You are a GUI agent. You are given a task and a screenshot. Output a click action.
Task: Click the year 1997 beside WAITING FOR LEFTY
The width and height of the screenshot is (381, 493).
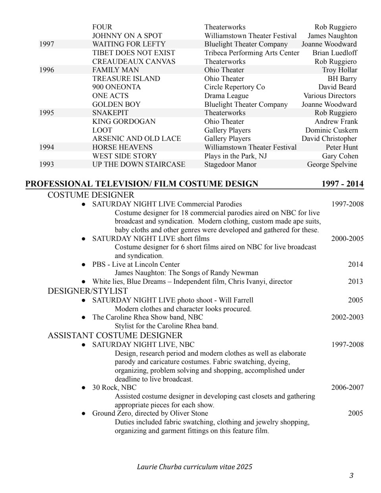(x=47, y=44)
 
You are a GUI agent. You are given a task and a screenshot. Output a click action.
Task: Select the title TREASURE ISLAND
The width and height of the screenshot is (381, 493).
(x=126, y=79)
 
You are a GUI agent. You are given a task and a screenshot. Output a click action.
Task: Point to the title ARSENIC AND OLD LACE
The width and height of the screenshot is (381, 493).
(x=137, y=139)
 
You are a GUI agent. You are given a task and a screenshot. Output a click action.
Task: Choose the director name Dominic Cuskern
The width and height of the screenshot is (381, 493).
(x=331, y=130)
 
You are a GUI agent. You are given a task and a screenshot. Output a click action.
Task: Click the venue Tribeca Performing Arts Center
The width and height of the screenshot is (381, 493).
(x=252, y=53)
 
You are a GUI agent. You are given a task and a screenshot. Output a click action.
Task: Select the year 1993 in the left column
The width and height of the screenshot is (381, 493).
(x=47, y=164)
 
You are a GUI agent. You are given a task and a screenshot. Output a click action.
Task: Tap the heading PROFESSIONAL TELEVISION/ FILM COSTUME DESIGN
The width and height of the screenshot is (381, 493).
(x=142, y=183)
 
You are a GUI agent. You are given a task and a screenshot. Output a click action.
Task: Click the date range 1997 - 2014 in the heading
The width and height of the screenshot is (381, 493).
(x=343, y=183)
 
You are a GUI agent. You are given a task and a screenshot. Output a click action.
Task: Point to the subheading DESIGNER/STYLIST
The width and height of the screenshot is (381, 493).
(x=88, y=291)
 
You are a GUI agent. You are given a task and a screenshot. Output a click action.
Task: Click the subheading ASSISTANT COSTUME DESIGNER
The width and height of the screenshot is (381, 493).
(x=115, y=335)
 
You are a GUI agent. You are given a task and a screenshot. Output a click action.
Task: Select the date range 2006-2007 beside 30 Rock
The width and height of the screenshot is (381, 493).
(x=347, y=387)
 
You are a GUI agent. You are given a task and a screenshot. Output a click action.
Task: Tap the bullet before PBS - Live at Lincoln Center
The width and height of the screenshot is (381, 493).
(x=83, y=265)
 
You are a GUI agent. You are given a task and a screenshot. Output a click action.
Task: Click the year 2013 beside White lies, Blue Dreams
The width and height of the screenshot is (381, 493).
(x=355, y=281)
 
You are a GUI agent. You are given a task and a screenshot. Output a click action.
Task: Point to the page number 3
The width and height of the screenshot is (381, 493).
(x=351, y=476)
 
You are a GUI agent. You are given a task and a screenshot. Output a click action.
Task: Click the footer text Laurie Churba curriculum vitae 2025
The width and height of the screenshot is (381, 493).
(x=194, y=467)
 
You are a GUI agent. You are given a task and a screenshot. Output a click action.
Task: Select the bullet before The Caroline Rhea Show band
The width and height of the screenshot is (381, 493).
(x=83, y=318)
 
